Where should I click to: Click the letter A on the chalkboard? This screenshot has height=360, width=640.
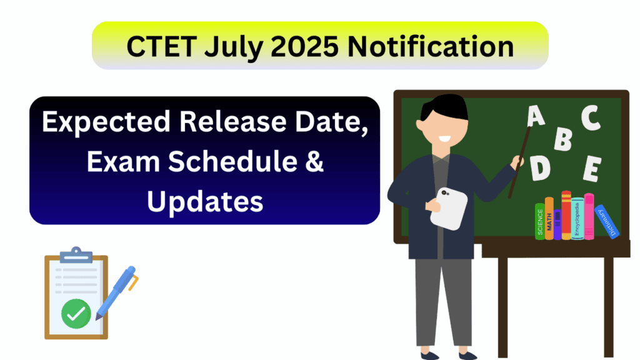(x=536, y=116)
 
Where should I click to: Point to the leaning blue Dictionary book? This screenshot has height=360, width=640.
(x=607, y=222)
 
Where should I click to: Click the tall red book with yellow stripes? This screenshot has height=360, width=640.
(x=566, y=216)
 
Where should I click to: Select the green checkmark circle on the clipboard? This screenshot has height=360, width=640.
(x=76, y=313)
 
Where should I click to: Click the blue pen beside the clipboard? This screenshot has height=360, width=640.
(x=116, y=291)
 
